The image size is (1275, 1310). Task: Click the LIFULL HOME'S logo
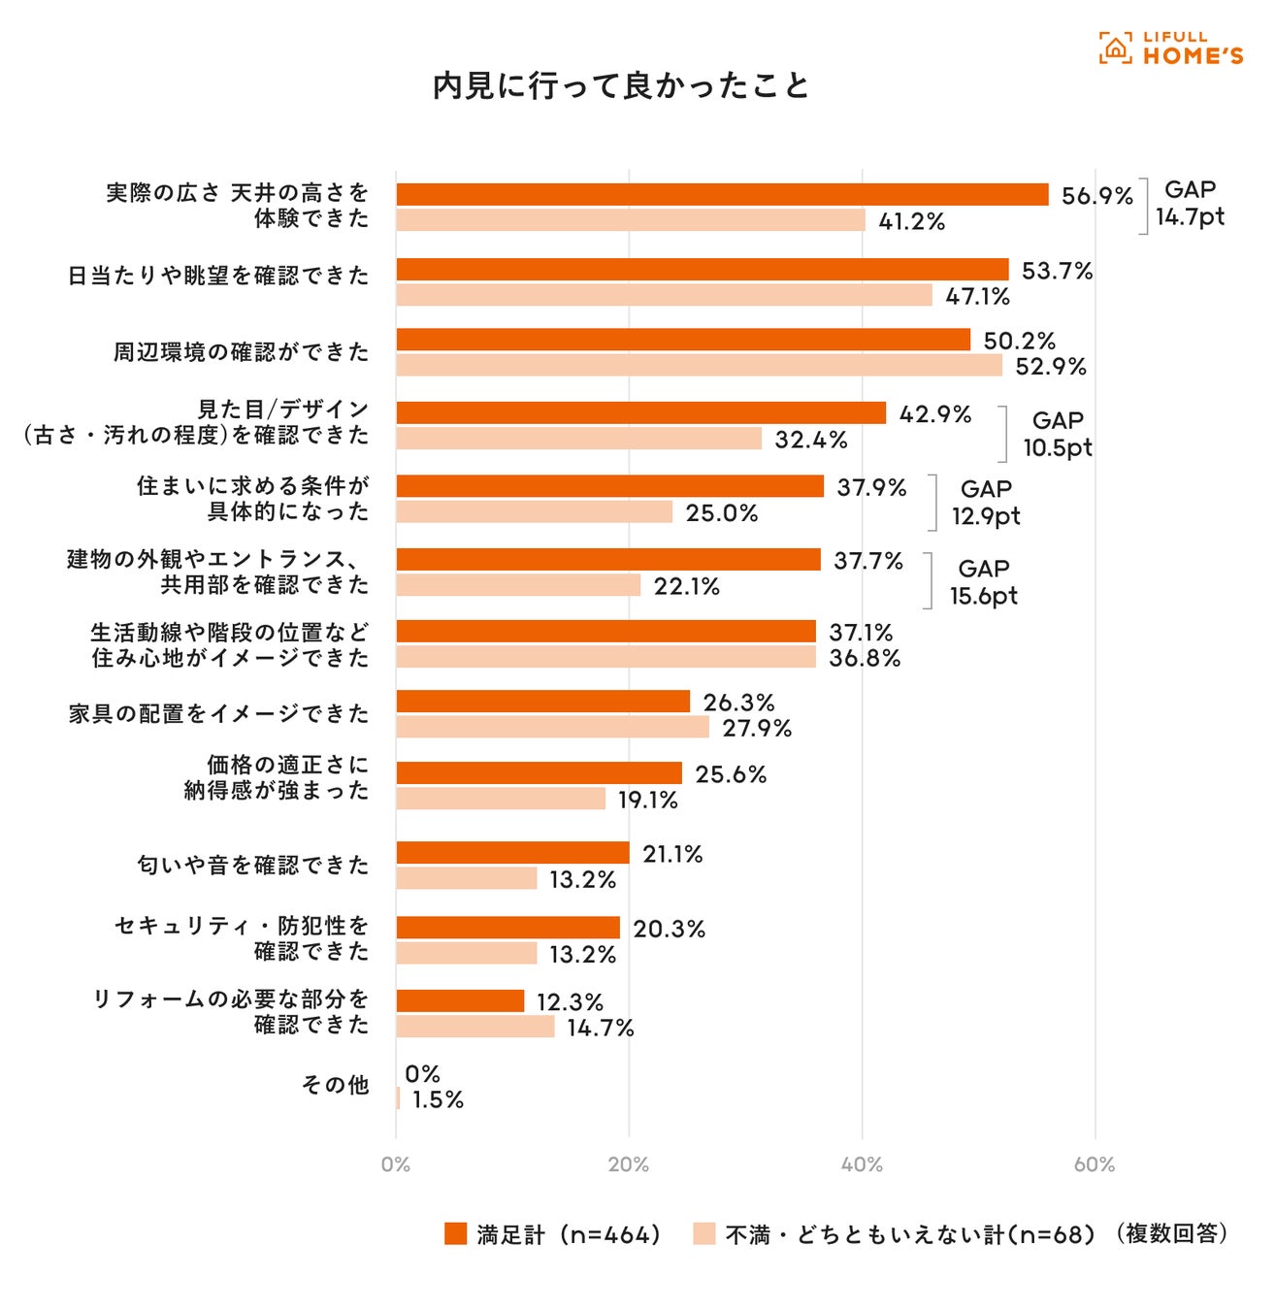1170,48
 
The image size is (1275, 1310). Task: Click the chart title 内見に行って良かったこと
621,85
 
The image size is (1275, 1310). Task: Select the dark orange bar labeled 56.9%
722,194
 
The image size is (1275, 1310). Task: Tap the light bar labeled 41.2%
631,220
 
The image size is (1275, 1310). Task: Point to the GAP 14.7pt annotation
1190,204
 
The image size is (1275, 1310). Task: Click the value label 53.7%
1057,271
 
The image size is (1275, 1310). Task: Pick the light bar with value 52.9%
699,366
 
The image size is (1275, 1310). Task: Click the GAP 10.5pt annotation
1057,434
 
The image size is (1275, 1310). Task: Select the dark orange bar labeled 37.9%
609,486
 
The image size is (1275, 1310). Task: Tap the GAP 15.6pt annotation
984,582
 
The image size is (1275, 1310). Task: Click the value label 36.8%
865,658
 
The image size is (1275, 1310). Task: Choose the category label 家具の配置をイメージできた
219,714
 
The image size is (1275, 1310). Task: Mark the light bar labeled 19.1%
501,799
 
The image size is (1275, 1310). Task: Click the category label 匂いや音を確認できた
253,865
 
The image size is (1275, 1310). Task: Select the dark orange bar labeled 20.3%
507,928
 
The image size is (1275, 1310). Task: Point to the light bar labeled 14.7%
475,1027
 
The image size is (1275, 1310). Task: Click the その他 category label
336,1085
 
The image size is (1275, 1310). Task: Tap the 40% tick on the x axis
862,1164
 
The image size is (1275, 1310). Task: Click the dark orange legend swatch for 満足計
455,1233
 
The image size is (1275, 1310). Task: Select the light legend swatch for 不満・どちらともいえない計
704,1233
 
